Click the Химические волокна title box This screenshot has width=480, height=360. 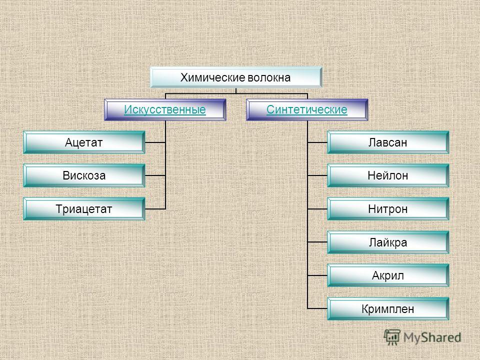[235, 77]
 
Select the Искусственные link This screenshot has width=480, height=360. [165, 109]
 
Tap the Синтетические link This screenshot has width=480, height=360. [306, 109]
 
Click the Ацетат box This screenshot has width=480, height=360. [84, 142]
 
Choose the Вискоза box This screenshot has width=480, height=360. [84, 175]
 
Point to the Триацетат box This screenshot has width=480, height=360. [84, 209]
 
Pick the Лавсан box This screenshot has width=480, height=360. [388, 142]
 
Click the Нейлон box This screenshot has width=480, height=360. [388, 175]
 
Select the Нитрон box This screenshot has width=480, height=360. [388, 209]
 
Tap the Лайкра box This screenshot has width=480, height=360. [388, 242]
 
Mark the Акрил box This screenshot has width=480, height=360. [388, 275]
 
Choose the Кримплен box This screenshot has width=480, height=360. [388, 308]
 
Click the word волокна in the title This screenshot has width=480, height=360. [269, 77]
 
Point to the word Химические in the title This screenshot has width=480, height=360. [213, 78]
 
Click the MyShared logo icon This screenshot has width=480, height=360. [392, 337]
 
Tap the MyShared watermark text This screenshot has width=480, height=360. [432, 337]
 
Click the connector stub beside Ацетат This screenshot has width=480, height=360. [155, 142]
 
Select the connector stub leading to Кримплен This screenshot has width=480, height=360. [317, 308]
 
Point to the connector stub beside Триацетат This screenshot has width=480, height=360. [155, 209]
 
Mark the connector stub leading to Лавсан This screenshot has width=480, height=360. [317, 142]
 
